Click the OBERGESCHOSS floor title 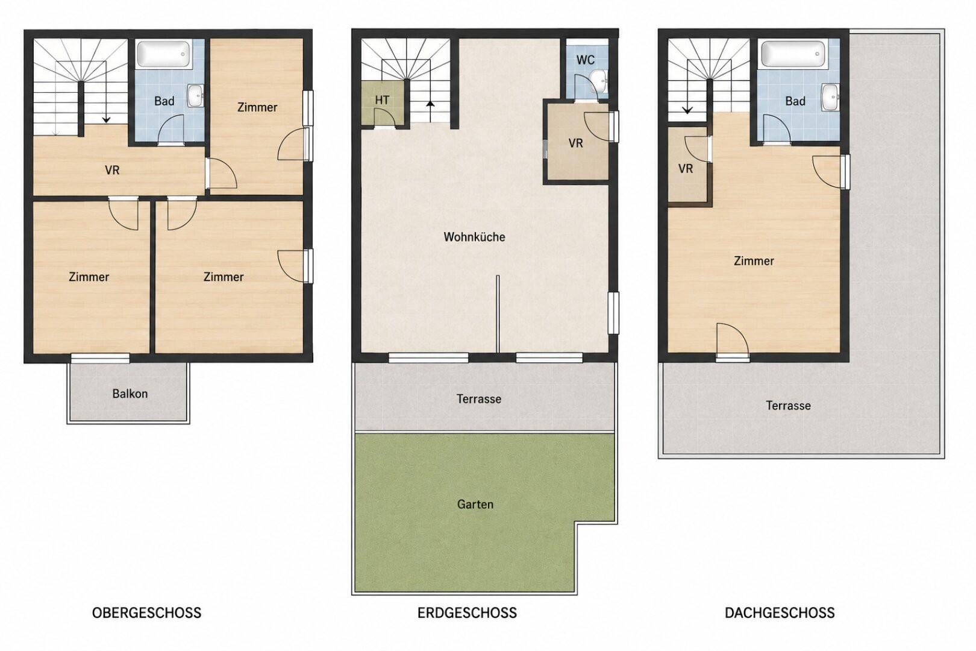146,612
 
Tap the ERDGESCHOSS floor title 467,612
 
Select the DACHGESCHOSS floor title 780,612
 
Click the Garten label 475,505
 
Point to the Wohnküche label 474,237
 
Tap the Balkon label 130,394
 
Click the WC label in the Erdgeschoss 585,60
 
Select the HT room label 382,100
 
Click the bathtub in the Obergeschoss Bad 163,54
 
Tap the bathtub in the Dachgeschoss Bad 793,54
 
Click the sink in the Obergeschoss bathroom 195,95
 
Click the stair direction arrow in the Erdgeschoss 430,112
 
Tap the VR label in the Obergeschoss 112,170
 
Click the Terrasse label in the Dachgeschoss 788,406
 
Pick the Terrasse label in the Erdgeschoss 479,399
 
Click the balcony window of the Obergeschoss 100,358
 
